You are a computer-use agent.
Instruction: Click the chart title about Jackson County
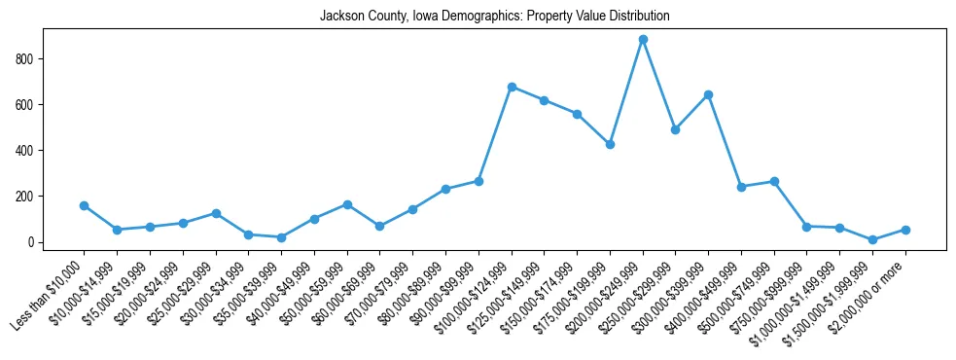click(x=494, y=17)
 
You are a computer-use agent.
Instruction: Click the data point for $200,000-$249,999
click(x=643, y=40)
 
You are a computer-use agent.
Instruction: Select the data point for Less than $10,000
click(x=84, y=205)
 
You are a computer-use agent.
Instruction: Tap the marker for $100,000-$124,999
click(x=512, y=87)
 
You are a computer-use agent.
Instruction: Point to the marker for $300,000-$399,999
click(x=708, y=94)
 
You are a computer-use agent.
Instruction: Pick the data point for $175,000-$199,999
click(x=610, y=144)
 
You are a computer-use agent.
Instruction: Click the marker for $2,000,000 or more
click(x=905, y=230)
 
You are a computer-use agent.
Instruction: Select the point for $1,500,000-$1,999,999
click(x=872, y=239)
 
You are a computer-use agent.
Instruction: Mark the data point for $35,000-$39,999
click(x=281, y=237)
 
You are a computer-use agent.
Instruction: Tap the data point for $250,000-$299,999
click(x=676, y=129)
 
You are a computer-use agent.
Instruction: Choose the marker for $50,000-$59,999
click(x=347, y=204)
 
